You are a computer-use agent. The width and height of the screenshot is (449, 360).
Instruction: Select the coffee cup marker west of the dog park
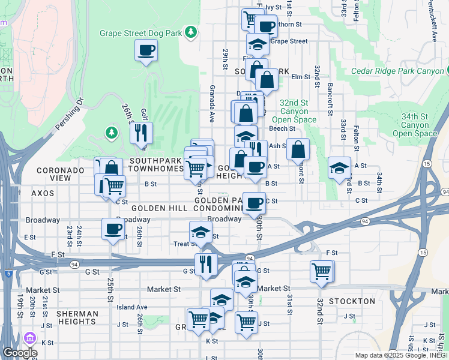click(x=146, y=50)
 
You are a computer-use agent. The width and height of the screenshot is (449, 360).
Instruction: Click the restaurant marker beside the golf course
click(x=141, y=133)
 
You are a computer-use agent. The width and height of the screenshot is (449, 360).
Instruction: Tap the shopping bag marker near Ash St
click(x=298, y=149)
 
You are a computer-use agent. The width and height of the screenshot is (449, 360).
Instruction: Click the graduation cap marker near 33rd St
click(x=339, y=168)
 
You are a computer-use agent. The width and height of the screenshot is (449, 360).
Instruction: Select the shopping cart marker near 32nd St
click(x=321, y=271)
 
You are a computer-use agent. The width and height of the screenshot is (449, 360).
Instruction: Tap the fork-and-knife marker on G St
click(x=205, y=264)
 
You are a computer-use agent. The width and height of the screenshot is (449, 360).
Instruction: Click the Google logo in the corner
click(x=20, y=353)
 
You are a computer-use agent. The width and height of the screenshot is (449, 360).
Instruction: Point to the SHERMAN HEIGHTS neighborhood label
click(x=77, y=318)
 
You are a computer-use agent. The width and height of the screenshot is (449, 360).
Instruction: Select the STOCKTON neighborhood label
click(x=352, y=301)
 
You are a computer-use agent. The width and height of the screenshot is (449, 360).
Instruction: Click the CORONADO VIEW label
click(x=61, y=174)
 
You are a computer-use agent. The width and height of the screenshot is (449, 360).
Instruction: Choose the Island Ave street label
click(x=132, y=307)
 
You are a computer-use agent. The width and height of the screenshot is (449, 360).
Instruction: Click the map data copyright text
click(x=400, y=355)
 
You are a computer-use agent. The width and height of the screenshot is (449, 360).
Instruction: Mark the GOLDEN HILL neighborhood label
click(x=156, y=208)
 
